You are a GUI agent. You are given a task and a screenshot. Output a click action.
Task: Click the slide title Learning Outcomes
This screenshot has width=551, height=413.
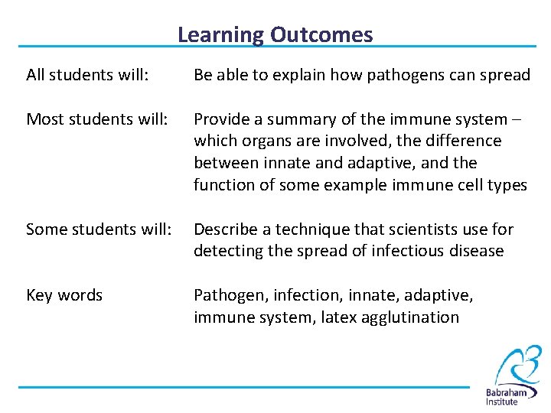pos(275,34)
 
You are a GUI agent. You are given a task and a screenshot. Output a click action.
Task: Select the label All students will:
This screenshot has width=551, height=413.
pos(86,75)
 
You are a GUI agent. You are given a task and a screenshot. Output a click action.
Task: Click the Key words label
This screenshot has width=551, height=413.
pos(64,295)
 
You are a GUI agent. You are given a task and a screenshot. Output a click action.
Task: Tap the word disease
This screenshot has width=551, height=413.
pos(478,251)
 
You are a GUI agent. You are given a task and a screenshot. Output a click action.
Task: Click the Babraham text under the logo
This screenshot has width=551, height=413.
pos(511,392)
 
